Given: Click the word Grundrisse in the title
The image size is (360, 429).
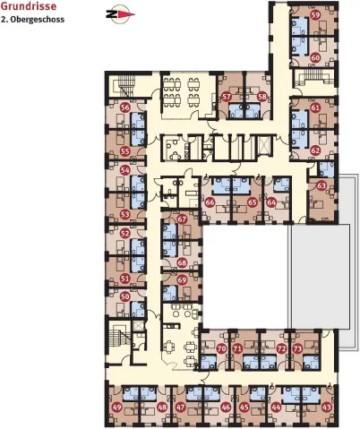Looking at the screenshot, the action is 29,6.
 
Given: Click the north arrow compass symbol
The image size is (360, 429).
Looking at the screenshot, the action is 120,14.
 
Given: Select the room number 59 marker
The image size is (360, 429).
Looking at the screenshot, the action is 315,15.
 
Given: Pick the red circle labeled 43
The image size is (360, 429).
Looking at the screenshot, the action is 327,408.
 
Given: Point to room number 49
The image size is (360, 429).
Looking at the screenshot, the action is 117,408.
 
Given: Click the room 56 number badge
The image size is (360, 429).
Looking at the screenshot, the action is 125,107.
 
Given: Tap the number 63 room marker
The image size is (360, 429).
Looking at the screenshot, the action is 321,186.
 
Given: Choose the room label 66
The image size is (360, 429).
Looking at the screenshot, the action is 210,202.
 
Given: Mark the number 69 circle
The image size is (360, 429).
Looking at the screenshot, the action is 182,280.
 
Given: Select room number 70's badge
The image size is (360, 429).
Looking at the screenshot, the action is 221,348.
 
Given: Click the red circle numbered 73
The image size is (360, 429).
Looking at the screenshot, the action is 298,348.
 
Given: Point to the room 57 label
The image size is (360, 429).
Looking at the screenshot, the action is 227,97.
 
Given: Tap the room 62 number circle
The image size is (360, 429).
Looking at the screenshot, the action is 315,150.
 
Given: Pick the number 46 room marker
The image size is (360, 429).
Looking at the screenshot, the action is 226,408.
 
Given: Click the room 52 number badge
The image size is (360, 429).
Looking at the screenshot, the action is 125,234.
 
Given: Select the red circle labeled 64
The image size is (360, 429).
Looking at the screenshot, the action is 271,202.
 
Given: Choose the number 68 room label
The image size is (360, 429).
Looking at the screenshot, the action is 182,263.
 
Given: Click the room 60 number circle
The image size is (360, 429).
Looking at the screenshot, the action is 315,56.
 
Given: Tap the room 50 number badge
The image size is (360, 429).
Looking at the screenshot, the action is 125,296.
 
